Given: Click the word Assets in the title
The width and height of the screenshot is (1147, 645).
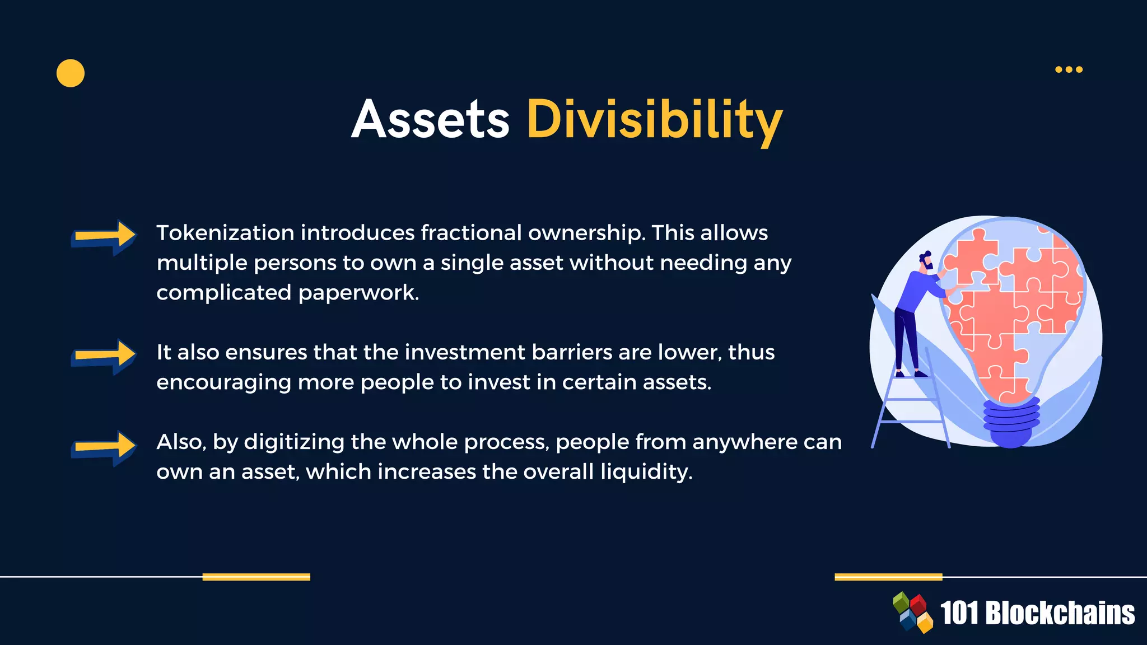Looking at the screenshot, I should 430,119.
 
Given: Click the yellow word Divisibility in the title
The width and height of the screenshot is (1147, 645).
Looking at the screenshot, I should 654,119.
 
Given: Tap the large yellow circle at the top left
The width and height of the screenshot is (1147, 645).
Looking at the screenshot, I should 71,73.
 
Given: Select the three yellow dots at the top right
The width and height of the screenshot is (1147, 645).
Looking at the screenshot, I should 1069,69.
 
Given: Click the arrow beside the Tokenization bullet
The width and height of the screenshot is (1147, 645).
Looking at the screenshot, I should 104,236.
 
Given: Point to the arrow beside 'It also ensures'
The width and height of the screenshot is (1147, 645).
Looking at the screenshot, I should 104,356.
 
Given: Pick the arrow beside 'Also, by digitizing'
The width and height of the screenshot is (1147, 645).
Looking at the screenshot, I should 104,447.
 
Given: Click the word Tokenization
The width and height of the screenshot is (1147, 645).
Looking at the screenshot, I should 225,233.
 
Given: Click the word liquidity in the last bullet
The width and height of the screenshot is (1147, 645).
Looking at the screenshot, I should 646,472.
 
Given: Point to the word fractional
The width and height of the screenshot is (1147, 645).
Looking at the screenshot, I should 471,233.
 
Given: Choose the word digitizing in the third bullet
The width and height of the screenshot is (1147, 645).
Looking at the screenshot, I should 294,442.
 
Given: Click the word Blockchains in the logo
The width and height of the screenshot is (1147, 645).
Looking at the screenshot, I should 1060,613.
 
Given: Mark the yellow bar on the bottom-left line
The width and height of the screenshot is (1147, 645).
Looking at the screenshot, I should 256,577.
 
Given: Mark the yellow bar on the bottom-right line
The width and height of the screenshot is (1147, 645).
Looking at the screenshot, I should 888,577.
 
